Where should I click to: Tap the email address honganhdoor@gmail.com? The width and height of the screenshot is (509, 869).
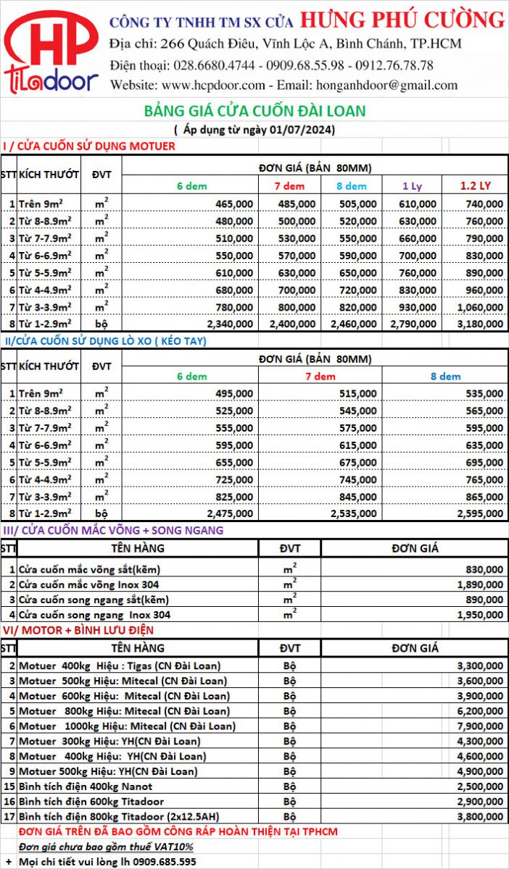[387, 85]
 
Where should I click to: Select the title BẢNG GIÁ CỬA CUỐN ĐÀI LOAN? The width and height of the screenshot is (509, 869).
[255, 111]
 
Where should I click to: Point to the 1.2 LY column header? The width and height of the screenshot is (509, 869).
[475, 186]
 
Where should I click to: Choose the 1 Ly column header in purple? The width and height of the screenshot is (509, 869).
[412, 186]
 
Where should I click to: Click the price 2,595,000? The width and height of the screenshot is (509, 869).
[476, 513]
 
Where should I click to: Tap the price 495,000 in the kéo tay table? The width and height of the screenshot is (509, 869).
[233, 393]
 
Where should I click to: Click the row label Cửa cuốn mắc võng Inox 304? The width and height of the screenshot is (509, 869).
[88, 584]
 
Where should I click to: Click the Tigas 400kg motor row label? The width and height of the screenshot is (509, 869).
[120, 666]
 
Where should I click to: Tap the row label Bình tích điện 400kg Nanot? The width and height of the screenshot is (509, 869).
[86, 786]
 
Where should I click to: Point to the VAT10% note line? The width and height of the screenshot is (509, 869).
[105, 847]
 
